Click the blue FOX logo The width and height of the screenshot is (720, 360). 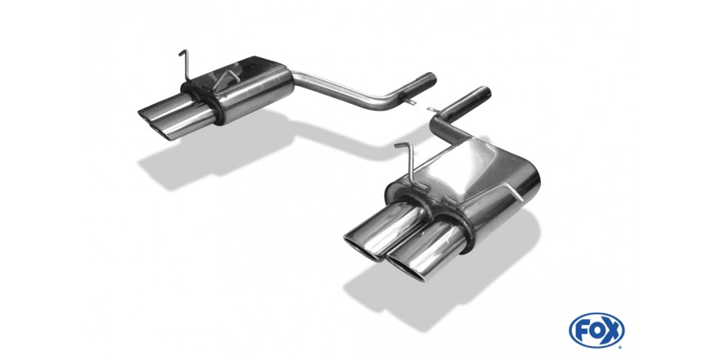(x=596, y=331)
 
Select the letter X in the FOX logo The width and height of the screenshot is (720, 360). (x=612, y=331)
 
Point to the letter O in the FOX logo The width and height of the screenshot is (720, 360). (x=597, y=331)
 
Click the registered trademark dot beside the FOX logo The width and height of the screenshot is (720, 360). (x=620, y=347)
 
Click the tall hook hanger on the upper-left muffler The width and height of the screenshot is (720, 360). (x=185, y=65)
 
